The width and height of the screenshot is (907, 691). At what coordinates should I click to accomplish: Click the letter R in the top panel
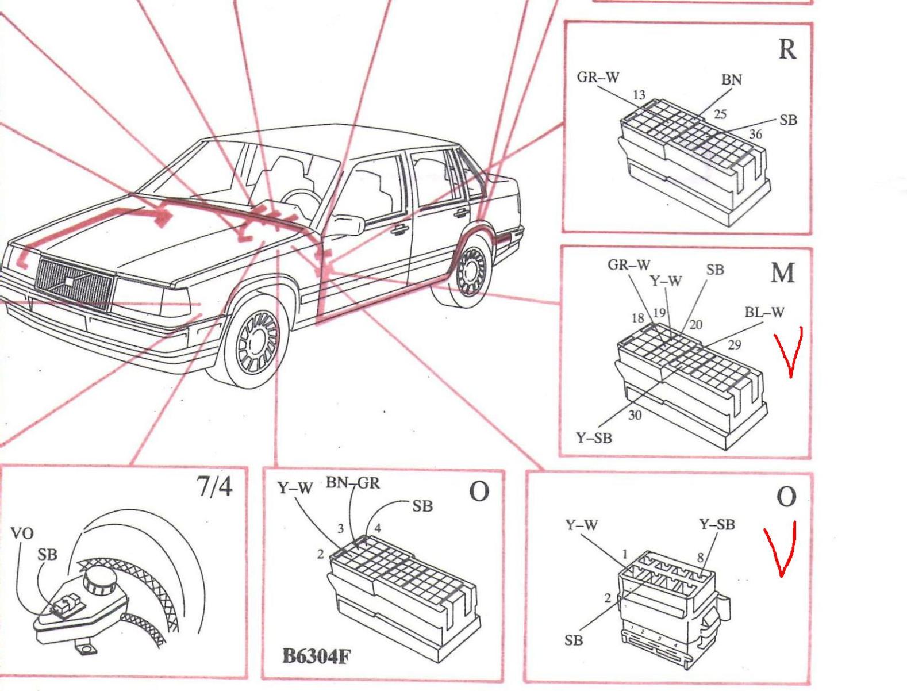pos(787,49)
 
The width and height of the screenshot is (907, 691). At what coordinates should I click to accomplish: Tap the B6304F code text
pos(316,656)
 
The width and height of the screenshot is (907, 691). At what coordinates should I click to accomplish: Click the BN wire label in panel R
pos(731,80)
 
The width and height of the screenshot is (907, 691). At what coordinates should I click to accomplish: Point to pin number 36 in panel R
pos(755,134)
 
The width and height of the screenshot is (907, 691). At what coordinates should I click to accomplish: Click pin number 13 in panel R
pos(639,95)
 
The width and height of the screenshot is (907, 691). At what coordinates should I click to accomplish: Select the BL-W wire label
pos(764,313)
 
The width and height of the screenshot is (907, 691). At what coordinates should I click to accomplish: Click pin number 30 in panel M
pos(635,415)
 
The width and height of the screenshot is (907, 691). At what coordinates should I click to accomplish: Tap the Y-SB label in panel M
pos(594,438)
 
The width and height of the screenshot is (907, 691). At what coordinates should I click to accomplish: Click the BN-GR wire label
pos(353,483)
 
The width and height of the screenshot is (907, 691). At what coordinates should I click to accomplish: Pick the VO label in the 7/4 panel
pos(22,533)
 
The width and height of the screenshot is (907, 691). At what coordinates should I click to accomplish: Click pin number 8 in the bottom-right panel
pos(700,557)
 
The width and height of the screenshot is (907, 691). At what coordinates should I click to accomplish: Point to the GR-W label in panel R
pos(598,77)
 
